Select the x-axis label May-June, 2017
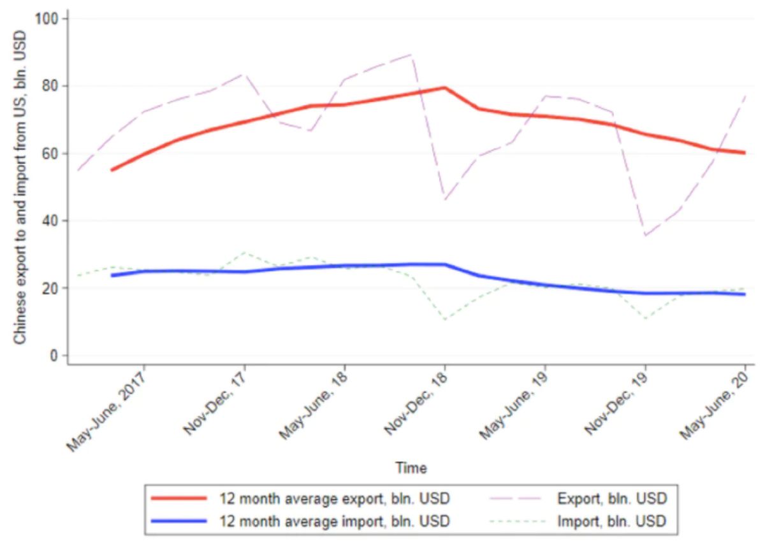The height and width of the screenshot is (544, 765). (107, 408)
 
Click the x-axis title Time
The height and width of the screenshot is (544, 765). (411, 468)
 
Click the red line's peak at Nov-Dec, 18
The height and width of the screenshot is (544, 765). (444, 88)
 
